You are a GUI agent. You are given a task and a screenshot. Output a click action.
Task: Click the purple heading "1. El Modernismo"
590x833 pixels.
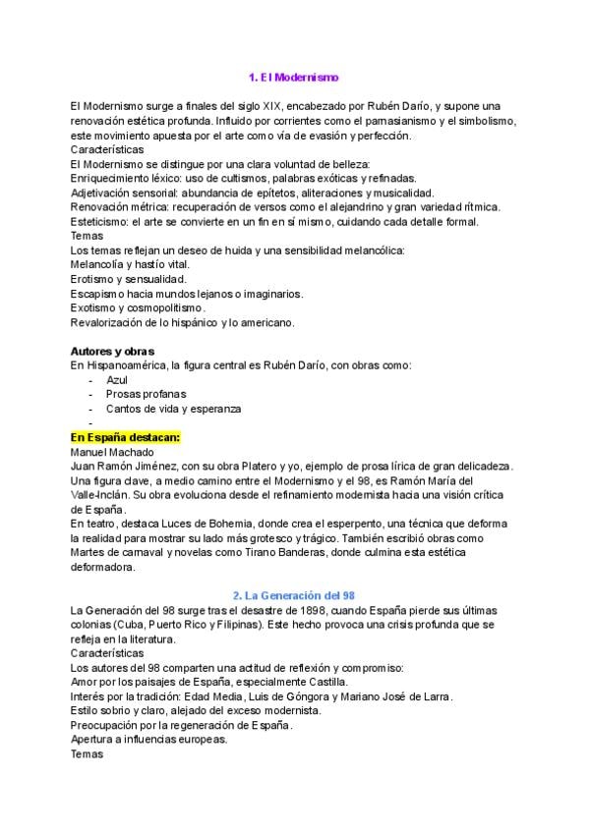(294, 77)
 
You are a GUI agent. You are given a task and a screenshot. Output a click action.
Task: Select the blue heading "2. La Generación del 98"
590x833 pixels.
(294, 595)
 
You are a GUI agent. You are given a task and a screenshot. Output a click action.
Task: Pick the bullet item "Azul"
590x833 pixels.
(117, 379)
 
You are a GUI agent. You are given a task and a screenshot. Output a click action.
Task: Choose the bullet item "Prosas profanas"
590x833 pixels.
(146, 394)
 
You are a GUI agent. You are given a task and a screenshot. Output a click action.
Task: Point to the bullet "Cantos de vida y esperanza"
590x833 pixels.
(173, 409)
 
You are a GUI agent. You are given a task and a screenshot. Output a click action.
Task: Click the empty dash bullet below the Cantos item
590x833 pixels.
(90, 423)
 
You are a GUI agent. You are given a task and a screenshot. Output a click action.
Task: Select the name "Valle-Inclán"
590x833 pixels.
(103, 495)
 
